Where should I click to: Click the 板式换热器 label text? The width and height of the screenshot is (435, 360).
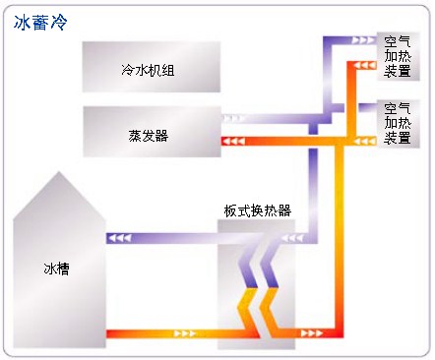coord(257,210)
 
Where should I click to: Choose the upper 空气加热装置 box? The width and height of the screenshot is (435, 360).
coord(399,57)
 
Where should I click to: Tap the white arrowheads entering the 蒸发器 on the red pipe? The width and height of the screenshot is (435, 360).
coord(234,142)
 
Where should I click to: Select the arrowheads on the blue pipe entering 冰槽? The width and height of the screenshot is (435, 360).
coord(119,237)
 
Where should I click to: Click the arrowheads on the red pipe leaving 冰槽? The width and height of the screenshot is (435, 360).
coord(185,335)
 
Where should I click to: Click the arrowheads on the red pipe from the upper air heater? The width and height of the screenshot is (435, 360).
coord(364,66)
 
